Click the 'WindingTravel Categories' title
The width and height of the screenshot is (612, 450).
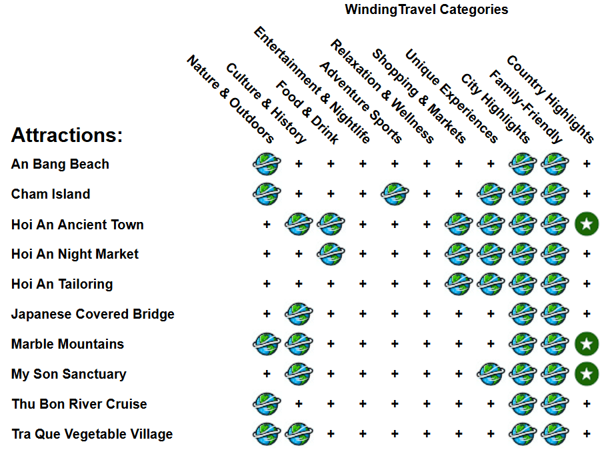pos(426,9)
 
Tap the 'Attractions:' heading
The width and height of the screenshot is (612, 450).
pos(67,135)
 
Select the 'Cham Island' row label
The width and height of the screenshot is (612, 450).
pos(51,194)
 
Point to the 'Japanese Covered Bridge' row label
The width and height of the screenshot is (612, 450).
pos(93,314)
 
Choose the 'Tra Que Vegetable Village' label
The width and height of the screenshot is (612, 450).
pos(92,434)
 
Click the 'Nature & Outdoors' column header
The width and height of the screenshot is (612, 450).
pos(230,99)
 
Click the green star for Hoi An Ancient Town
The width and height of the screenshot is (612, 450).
pos(587,224)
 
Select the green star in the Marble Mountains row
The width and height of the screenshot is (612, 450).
pos(587,344)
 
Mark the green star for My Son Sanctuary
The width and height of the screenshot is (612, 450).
pos(587,374)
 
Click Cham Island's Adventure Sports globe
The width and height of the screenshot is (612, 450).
pos(395,194)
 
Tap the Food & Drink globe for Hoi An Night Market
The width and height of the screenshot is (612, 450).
pos(331,254)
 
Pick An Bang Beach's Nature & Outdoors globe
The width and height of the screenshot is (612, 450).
pos(267,164)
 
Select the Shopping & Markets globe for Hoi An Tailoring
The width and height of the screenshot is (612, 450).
pos(459,284)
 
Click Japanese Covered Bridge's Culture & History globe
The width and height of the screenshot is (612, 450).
pos(299,314)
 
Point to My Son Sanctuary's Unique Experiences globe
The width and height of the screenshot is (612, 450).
pos(491,374)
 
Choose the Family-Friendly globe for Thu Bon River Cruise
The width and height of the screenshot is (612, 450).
pos(555,404)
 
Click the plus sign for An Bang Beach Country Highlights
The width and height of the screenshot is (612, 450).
pos(587,164)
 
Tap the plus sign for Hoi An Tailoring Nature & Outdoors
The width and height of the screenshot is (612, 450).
pos(267,284)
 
